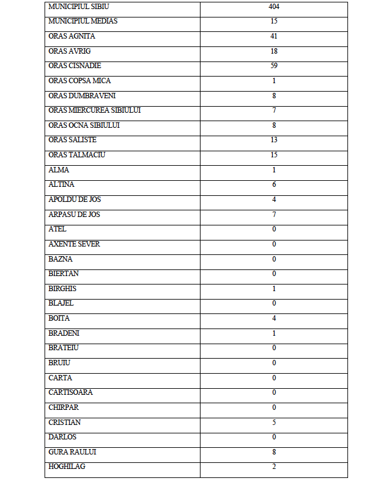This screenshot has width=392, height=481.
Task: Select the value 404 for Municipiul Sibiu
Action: (274, 7)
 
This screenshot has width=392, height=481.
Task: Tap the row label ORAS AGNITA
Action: (72, 36)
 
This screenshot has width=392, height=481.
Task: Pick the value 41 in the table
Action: (274, 36)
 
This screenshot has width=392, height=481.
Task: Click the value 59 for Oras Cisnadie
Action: (274, 66)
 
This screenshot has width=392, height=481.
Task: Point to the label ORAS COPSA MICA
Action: (79, 81)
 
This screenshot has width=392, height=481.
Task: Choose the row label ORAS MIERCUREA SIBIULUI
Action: (95, 110)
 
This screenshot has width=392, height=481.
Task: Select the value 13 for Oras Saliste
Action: (274, 140)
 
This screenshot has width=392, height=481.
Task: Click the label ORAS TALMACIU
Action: (76, 155)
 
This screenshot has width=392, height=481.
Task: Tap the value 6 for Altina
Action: (274, 184)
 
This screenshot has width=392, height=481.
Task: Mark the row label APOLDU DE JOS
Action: (75, 200)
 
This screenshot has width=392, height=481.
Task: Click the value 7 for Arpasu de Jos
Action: (274, 215)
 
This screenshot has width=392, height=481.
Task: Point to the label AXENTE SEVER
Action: (74, 244)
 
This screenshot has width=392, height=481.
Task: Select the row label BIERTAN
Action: (63, 274)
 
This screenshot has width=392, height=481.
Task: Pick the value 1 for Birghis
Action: (274, 289)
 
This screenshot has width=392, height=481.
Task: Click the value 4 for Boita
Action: (274, 318)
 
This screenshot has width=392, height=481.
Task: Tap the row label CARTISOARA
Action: (70, 392)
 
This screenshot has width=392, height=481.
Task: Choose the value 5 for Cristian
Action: (274, 423)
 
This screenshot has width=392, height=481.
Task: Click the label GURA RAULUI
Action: (72, 452)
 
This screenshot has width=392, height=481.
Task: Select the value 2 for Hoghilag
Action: (274, 467)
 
